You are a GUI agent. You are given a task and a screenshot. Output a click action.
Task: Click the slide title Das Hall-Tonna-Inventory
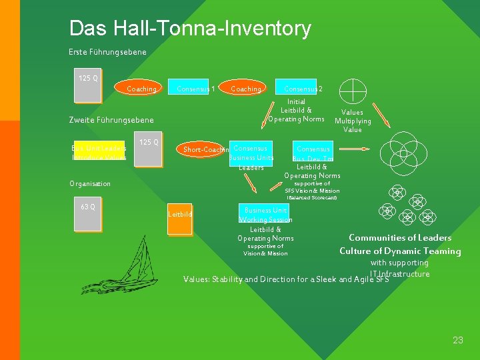pyautogui.click(x=190, y=29)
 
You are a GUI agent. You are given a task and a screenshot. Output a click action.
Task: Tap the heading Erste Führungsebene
pyautogui.click(x=107, y=52)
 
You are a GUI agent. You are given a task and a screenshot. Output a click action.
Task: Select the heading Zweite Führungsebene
pyautogui.click(x=111, y=120)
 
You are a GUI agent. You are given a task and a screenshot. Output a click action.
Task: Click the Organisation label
pyautogui.click(x=90, y=183)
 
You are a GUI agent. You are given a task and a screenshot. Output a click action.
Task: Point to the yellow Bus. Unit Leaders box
pyautogui.click(x=99, y=152)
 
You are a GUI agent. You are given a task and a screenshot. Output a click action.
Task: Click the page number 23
pyautogui.click(x=457, y=340)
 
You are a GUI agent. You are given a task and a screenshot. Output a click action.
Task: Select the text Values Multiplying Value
pyautogui.click(x=353, y=121)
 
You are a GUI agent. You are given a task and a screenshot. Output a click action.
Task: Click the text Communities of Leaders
pyautogui.click(x=400, y=238)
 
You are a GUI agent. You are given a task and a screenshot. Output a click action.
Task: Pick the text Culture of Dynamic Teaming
pyautogui.click(x=400, y=251)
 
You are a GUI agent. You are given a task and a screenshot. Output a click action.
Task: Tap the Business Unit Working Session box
pyautogui.click(x=265, y=214)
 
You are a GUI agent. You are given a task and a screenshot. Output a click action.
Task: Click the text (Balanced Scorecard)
pyautogui.click(x=312, y=198)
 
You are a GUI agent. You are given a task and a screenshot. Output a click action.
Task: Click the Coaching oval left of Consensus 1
pyautogui.click(x=141, y=89)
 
